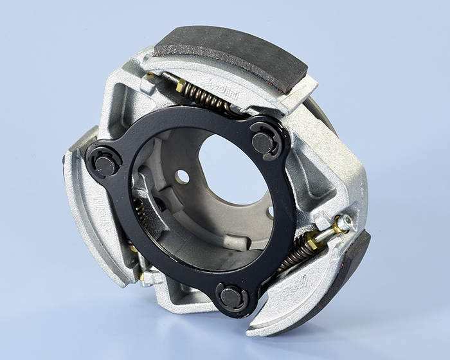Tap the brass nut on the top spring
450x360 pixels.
pyautogui.click(x=181, y=85)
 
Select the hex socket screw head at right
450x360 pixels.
pyautogui.click(x=343, y=222)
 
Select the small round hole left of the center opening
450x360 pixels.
pyautogui.click(x=183, y=176)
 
